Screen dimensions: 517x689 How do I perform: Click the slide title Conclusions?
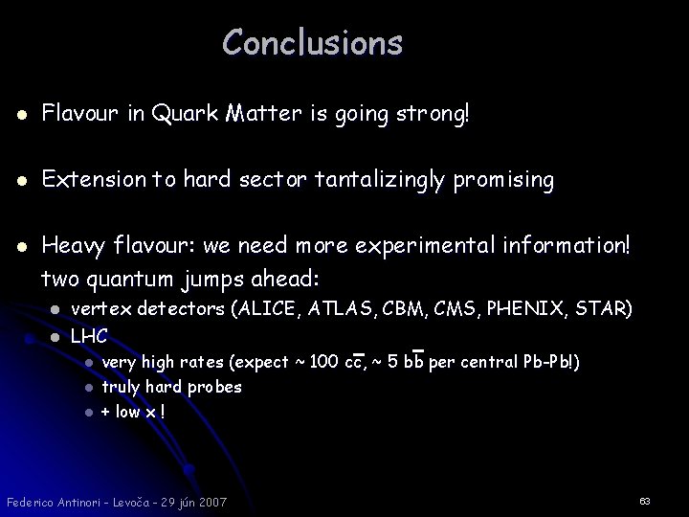[312, 43]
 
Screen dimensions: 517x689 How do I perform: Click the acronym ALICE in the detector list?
[288, 308]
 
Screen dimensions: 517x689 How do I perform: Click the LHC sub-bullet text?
[89, 336]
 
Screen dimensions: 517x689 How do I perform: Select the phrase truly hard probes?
[171, 387]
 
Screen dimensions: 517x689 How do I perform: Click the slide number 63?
[644, 501]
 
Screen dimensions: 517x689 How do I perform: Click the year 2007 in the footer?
[211, 502]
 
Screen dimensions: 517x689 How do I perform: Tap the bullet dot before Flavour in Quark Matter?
[22, 116]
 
